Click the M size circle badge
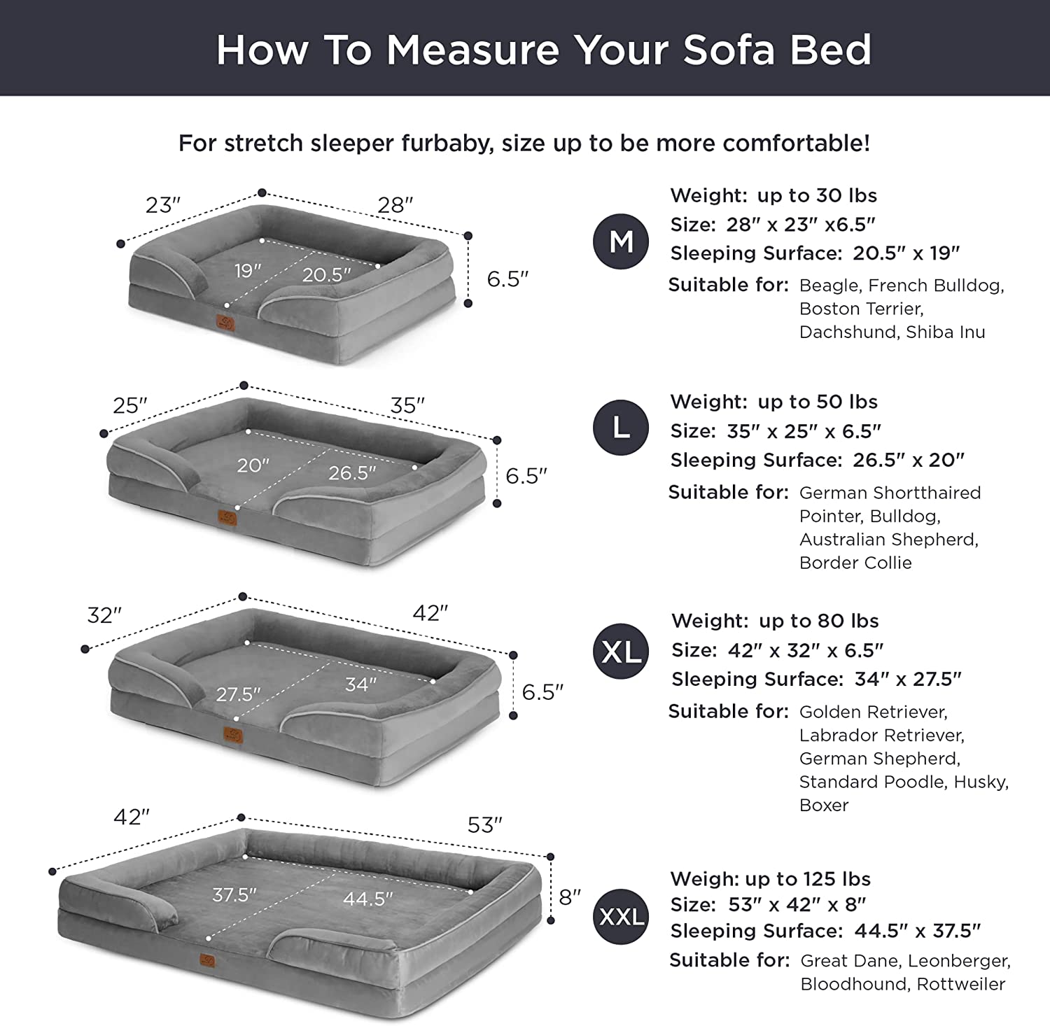click(x=621, y=241)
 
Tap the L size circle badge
click(x=621, y=428)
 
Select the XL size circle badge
click(x=622, y=652)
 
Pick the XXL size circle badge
click(x=622, y=916)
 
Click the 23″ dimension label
click(x=163, y=205)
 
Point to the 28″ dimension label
click(x=395, y=205)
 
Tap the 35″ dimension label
click(x=408, y=405)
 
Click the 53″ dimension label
click(x=485, y=825)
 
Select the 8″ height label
click(x=570, y=897)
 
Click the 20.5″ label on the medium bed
click(x=327, y=275)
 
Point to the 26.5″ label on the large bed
click(x=353, y=473)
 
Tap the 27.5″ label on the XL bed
click(x=238, y=694)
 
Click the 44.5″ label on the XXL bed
click(x=368, y=899)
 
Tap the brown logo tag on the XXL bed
click(x=208, y=960)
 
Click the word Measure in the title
click(x=472, y=50)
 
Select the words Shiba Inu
click(x=946, y=332)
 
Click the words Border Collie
click(x=855, y=563)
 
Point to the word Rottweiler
click(x=961, y=984)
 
